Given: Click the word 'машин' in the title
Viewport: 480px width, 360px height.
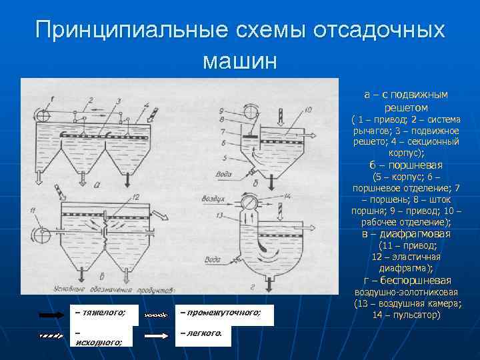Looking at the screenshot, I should [239, 61].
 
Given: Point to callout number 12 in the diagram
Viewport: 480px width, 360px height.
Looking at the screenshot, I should [135, 197].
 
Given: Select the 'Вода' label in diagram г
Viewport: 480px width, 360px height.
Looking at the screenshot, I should [214, 259].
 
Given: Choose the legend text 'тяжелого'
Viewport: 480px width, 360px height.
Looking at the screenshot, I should [100, 312].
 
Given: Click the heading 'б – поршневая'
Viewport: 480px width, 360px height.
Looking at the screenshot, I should [405, 165].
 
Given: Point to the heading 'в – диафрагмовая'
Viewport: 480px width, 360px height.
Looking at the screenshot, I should [405, 234].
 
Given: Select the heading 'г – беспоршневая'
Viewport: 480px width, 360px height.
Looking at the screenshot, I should [405, 280].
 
